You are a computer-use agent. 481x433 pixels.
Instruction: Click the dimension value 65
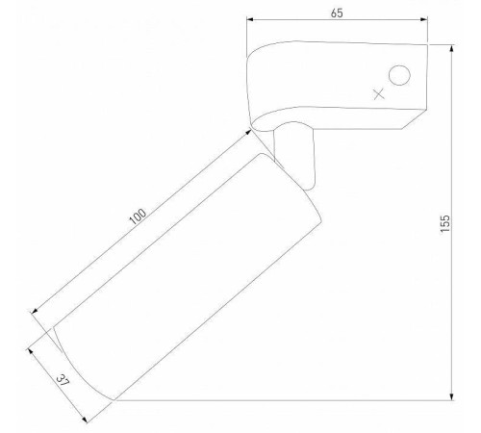click(337, 13)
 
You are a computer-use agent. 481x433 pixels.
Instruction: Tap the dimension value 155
click(445, 223)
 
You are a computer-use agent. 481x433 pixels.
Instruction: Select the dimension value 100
click(138, 216)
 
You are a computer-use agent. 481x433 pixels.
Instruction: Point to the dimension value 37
click(63, 380)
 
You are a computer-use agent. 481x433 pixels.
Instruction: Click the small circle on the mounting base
click(399, 75)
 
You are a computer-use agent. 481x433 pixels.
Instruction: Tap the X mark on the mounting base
click(379, 94)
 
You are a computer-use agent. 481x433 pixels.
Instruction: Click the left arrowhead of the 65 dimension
click(249, 19)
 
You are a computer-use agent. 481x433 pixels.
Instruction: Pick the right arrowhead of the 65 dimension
click(424, 19)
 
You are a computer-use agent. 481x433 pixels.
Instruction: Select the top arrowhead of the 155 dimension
click(452, 48)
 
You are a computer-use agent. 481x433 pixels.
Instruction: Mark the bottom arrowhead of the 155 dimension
click(452, 396)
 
